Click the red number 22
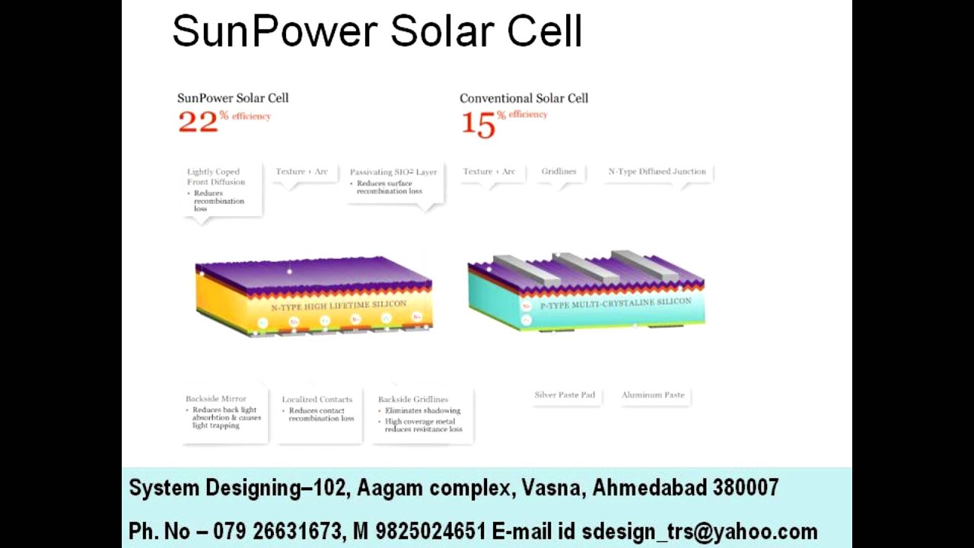197,122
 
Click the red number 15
479,125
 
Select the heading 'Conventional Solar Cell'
524,98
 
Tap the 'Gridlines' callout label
559,171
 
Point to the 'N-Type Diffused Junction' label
657,171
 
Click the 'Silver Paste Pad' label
565,395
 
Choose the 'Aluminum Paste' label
653,395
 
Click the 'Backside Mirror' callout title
216,399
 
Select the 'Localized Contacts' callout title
317,400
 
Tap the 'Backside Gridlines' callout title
413,400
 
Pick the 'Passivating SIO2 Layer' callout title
393,172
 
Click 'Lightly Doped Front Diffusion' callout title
216,177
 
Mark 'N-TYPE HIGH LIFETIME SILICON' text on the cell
339,305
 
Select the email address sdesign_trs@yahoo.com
699,531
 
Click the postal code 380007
746,488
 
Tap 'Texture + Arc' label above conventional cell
489,171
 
